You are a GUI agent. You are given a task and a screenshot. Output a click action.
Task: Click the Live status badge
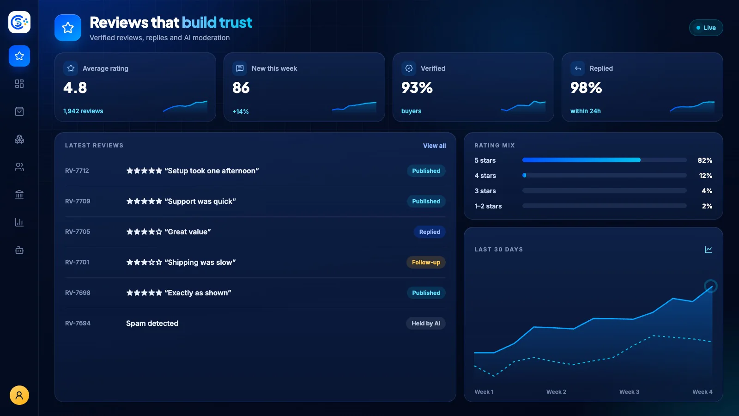pos(706,28)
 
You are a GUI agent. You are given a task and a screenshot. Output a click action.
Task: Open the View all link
pos(434,146)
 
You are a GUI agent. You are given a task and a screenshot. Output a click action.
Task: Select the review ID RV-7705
pos(78,232)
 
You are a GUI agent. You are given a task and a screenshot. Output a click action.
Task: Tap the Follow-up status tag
pos(426,263)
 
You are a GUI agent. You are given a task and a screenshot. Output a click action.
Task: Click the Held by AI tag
pos(425,323)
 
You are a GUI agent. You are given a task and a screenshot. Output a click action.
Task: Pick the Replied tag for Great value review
pos(430,232)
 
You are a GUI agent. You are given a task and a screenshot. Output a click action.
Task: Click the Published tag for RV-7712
pos(426,171)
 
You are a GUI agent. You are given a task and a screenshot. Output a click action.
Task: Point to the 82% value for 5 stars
pos(705,160)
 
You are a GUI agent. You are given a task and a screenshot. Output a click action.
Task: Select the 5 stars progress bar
pos(605,160)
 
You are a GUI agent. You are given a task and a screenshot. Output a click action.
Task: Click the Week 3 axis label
pos(629,392)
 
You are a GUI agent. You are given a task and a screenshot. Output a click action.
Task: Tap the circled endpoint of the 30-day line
pos(711,286)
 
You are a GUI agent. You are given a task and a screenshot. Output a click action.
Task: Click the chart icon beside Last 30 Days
pos(709,250)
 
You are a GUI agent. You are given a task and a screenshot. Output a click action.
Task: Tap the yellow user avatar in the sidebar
pos(19,395)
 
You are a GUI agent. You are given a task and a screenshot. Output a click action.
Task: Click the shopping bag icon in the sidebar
pos(19,111)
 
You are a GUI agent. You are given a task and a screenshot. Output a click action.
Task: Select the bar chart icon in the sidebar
pos(19,222)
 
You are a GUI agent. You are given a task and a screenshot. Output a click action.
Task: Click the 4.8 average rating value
pos(75,88)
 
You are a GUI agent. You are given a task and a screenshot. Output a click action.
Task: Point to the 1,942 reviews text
pos(83,111)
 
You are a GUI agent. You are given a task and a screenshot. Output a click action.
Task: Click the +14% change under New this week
pos(241,111)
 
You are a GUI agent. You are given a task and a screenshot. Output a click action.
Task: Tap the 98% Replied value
pos(586,88)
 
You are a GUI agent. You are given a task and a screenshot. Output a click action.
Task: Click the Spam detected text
pos(152,323)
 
